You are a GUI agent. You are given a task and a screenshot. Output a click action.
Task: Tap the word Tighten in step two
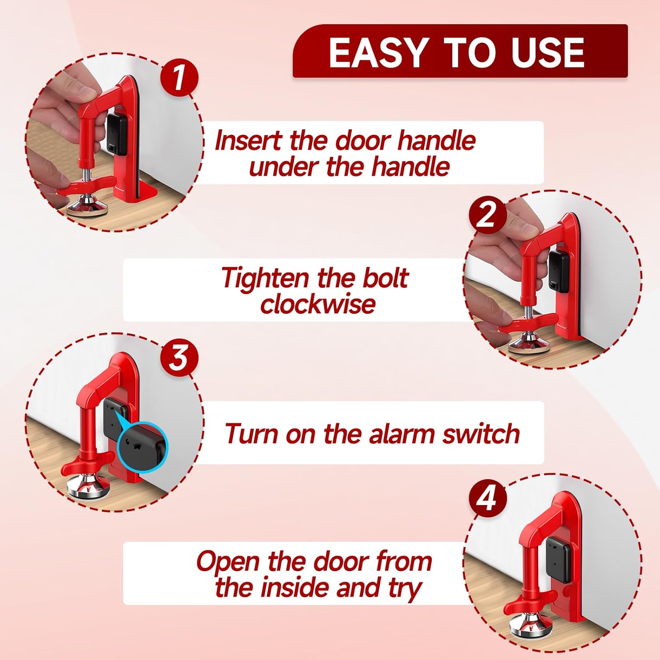(x=265, y=279)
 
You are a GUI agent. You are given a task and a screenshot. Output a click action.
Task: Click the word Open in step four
(x=228, y=562)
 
